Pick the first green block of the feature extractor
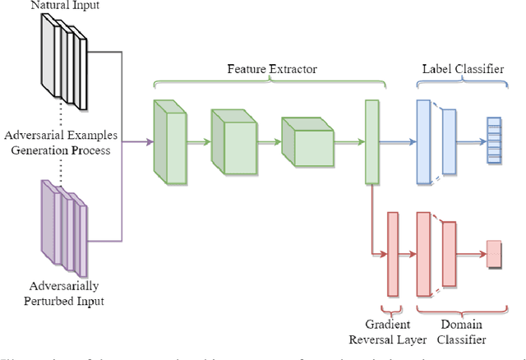coord(170,140)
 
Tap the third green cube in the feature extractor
coord(306,141)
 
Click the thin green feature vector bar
coord(371,141)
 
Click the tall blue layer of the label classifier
coord(423,141)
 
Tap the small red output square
coord(494,254)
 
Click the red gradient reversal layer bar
coord(392,254)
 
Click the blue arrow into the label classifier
coord(398,141)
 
